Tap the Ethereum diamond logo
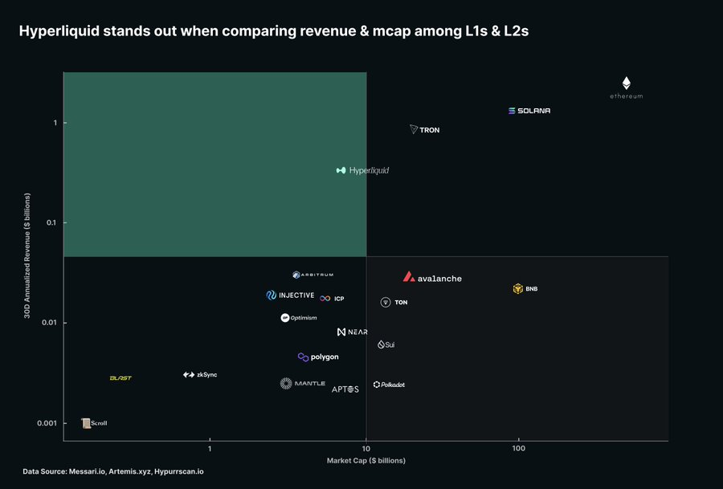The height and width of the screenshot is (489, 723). pyautogui.click(x=627, y=83)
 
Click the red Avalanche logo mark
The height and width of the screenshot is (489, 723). pyautogui.click(x=409, y=277)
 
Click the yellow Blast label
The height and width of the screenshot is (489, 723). pyautogui.click(x=120, y=378)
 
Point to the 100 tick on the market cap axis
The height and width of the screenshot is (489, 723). pyautogui.click(x=518, y=447)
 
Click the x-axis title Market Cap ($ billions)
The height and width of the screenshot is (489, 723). pyautogui.click(x=366, y=461)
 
